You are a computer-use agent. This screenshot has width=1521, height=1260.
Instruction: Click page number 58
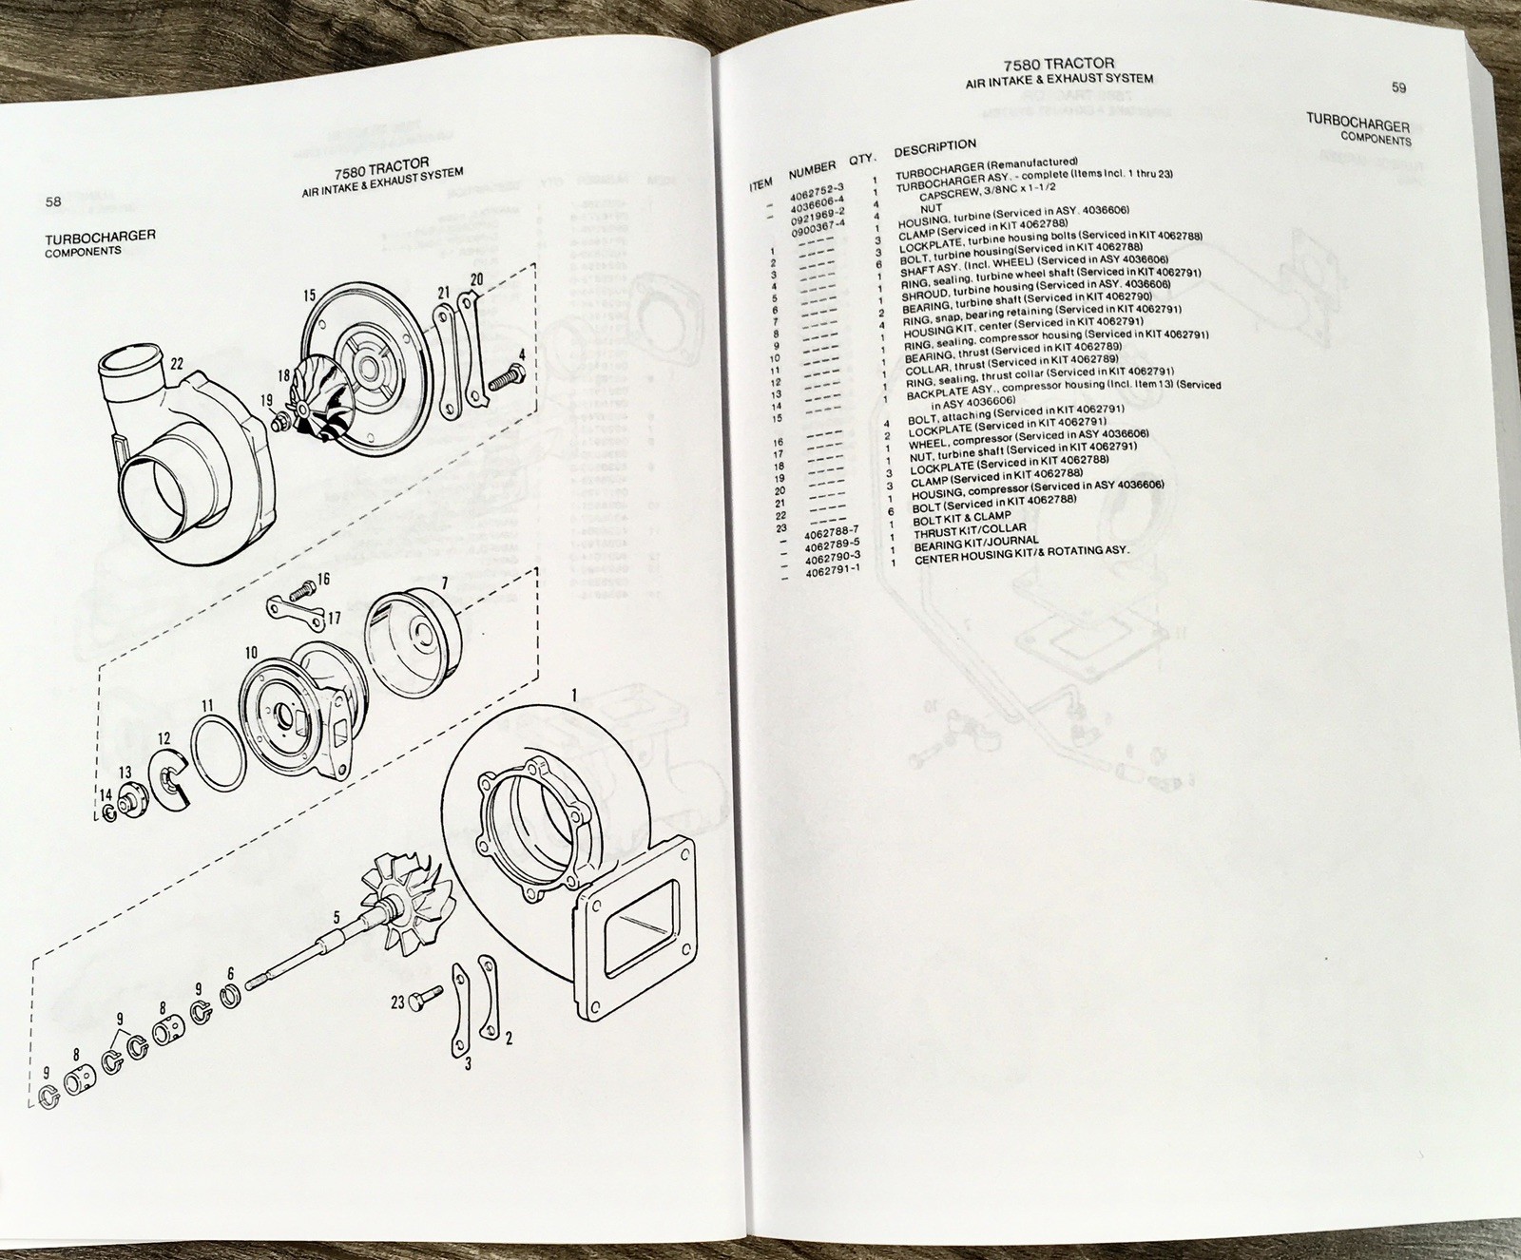53,201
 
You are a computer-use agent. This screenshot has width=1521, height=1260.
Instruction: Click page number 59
1398,87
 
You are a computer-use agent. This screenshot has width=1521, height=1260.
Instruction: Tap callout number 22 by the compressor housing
176,364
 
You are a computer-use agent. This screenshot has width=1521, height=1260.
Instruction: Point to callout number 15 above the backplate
310,296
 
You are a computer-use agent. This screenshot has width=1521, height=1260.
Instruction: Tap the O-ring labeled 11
218,752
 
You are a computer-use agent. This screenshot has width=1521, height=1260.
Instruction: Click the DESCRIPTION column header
934,145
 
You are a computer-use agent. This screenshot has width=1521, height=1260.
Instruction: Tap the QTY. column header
860,160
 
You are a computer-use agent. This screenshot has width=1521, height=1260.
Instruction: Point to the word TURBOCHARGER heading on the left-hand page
100,236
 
